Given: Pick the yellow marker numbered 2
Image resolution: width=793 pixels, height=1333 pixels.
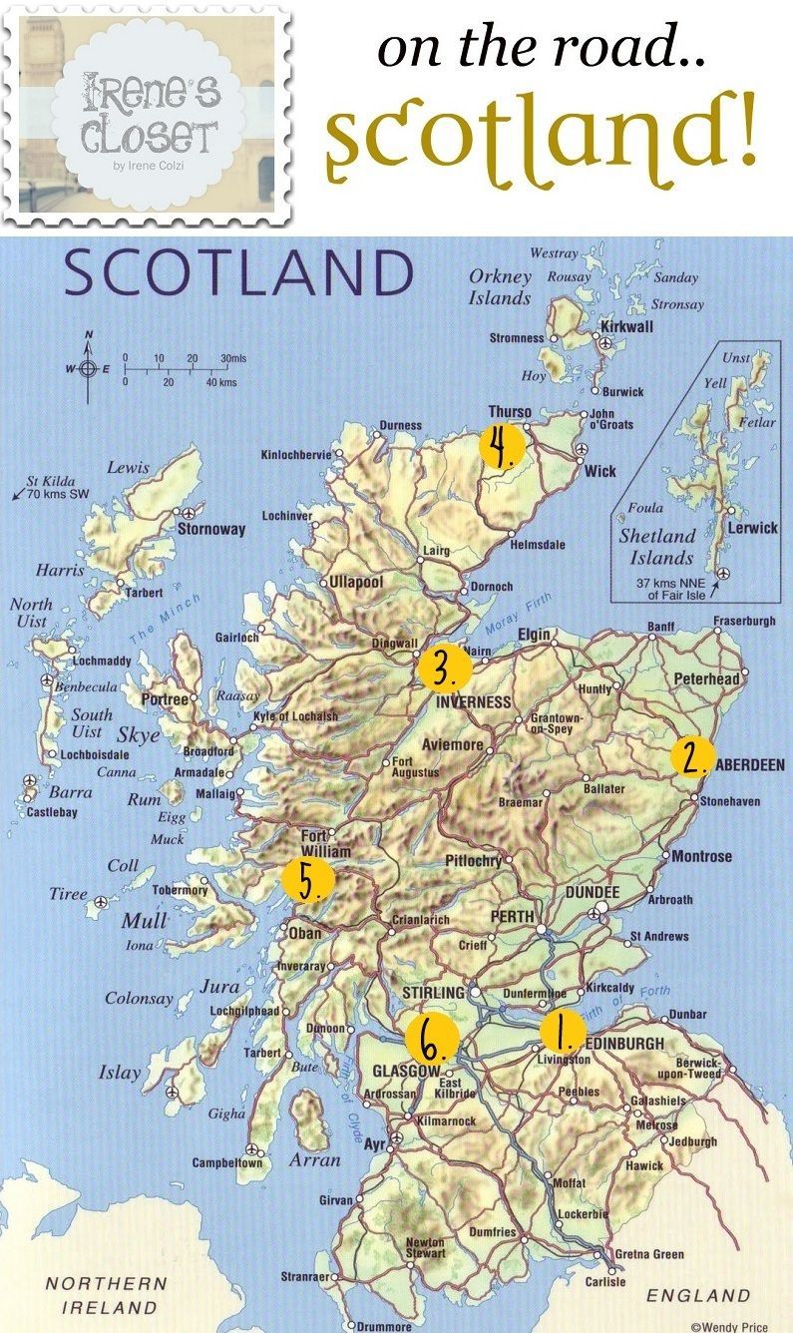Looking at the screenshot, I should (x=691, y=755).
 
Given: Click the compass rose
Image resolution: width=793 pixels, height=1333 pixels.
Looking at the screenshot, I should (x=89, y=368).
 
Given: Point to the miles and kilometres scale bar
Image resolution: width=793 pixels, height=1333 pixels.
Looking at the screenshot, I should (x=181, y=369).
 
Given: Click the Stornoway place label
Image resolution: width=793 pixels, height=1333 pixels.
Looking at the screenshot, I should (x=210, y=529).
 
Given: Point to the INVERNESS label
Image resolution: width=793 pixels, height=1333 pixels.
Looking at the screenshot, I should (x=473, y=702).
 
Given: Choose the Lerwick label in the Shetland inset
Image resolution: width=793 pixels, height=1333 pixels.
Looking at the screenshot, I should (x=752, y=528).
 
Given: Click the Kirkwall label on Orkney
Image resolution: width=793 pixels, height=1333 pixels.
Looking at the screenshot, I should (x=625, y=326).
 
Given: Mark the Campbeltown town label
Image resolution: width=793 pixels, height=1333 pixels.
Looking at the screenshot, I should (x=228, y=1163).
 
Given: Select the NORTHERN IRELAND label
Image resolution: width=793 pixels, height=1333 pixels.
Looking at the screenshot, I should (x=106, y=1295).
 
